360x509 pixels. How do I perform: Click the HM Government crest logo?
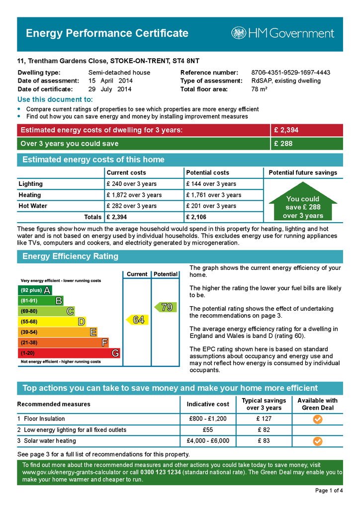[239, 33]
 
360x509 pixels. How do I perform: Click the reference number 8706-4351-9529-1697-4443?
[290, 73]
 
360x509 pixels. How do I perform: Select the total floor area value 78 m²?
[260, 89]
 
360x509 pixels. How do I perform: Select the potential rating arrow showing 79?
[165, 307]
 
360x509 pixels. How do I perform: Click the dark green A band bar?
[35, 290]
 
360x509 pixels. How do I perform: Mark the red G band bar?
[69, 353]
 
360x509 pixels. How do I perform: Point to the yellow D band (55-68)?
[52, 322]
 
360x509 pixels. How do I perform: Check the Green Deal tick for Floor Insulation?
[318, 419]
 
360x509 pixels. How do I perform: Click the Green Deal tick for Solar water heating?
[318, 441]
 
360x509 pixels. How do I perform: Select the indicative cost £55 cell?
[208, 429]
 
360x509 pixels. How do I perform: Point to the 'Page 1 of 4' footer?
[329, 491]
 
